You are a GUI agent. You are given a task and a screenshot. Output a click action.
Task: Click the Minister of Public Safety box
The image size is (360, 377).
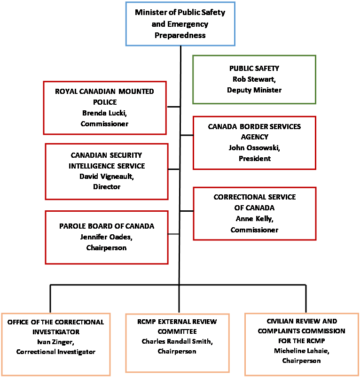tap(180, 23)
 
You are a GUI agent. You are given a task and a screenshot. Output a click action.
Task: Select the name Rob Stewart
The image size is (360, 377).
tap(254, 79)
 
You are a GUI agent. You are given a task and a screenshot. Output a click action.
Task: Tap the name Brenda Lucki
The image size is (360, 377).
tap(104, 113)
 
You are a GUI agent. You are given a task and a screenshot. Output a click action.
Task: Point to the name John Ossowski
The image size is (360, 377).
tap(254, 148)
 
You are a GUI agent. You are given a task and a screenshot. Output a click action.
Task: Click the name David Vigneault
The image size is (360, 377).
tap(107, 177)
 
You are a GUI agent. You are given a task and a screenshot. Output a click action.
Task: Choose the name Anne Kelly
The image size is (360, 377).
tap(254, 218)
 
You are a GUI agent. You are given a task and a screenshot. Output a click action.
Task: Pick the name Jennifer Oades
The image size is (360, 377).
tap(107, 237)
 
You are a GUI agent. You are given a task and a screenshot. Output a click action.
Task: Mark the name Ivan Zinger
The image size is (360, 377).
tap(56, 342)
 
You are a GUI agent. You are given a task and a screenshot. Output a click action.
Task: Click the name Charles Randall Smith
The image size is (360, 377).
tap(177, 341)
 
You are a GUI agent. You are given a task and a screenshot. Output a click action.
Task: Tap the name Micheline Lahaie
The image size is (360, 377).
tap(301, 350)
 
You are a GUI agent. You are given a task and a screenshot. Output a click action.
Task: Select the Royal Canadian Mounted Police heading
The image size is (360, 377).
tap(104, 96)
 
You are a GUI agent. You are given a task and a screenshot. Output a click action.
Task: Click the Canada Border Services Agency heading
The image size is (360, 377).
tap(254, 132)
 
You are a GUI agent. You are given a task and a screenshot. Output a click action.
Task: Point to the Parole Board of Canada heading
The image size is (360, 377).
tap(107, 226)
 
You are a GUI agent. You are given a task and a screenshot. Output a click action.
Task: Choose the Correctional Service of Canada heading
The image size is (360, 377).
tap(254, 202)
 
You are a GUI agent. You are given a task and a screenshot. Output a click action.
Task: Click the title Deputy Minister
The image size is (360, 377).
tap(254, 90)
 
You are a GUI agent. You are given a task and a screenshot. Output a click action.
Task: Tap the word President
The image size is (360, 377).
tap(254, 159)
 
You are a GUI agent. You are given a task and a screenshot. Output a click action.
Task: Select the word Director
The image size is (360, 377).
tap(107, 187)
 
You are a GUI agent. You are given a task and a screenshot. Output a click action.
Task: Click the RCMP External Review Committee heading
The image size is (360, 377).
tap(177, 327)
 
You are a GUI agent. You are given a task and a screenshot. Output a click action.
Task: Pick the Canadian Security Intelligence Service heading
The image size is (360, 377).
tap(107, 161)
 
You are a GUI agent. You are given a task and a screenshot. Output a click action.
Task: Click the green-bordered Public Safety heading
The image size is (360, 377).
tap(254, 69)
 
